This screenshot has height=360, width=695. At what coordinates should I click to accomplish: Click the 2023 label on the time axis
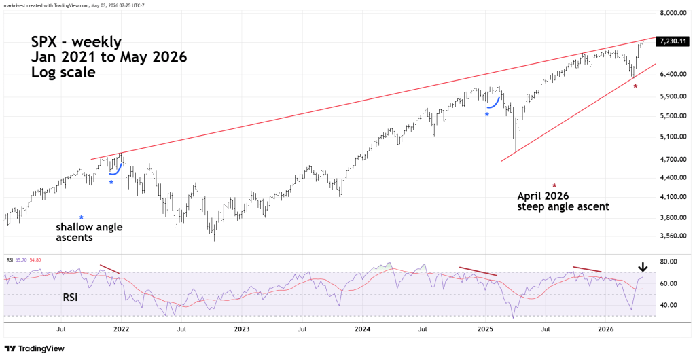click(x=242, y=329)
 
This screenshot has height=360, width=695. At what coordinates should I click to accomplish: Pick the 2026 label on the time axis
click(x=606, y=329)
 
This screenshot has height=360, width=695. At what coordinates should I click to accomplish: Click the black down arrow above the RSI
click(x=643, y=267)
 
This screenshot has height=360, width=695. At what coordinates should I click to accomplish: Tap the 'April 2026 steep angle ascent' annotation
click(x=563, y=201)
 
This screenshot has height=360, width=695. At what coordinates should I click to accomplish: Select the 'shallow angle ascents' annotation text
click(x=89, y=232)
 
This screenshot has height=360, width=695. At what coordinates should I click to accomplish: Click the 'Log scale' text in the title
click(x=63, y=72)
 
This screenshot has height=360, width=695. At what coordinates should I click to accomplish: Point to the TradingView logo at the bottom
click(x=35, y=349)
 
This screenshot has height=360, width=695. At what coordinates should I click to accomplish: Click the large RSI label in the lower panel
click(x=70, y=297)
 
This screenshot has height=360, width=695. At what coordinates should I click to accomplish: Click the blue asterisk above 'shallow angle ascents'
click(x=81, y=217)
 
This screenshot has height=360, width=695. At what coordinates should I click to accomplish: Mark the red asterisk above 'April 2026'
click(x=554, y=185)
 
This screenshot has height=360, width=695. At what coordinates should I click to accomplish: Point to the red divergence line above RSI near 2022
click(x=110, y=269)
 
